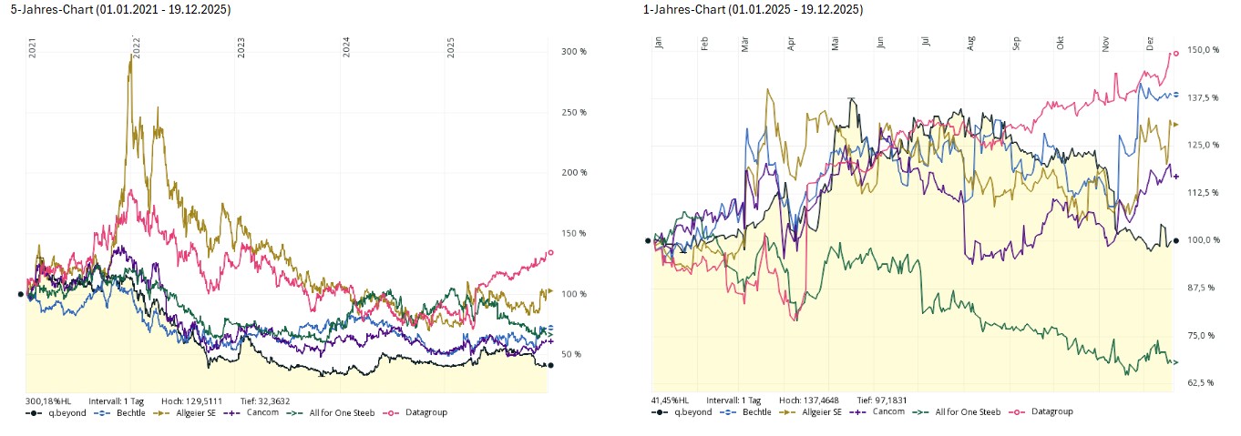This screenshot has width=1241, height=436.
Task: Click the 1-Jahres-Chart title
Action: tap(753, 9)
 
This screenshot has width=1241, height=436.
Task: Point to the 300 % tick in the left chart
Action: tap(573, 52)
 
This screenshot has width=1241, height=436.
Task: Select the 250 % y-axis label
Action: tap(573, 112)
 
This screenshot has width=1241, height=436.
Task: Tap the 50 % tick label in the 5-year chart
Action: tap(571, 354)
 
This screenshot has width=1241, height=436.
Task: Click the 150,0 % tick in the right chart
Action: tap(1205, 50)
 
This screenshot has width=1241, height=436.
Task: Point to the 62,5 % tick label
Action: tap(1204, 382)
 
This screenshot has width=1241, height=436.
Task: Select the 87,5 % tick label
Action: tap(1204, 288)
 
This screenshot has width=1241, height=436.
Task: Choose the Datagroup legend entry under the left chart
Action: tap(419, 412)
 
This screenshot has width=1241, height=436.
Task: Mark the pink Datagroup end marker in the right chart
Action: tap(1175, 54)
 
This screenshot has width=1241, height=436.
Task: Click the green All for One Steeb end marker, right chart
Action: tap(1175, 362)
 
